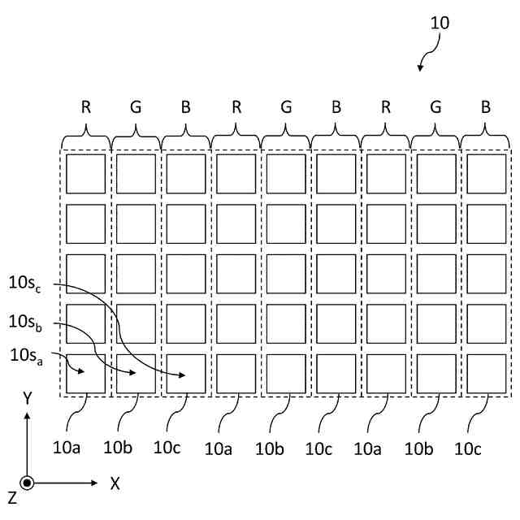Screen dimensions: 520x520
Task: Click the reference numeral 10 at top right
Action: click(x=440, y=23)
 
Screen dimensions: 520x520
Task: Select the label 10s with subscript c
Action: click(x=24, y=284)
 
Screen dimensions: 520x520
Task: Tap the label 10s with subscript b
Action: click(x=24, y=321)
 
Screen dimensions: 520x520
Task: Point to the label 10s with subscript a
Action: click(x=24, y=355)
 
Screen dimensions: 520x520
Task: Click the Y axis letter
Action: click(x=27, y=398)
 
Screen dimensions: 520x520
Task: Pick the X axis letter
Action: click(x=115, y=483)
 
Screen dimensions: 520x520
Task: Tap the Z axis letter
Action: click(x=11, y=497)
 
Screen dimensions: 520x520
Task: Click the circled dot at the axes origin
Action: click(x=27, y=483)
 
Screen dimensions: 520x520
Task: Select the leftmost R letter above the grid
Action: click(x=86, y=106)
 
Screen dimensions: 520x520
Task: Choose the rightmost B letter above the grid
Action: click(x=486, y=106)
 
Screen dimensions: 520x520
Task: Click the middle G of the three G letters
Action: click(x=286, y=106)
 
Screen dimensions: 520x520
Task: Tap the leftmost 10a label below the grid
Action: click(x=67, y=446)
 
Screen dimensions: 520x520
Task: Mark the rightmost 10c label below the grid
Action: click(x=468, y=447)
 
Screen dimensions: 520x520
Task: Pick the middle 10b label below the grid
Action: click(x=269, y=447)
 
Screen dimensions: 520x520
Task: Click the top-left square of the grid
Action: click(x=85, y=174)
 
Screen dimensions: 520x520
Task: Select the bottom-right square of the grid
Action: click(x=486, y=373)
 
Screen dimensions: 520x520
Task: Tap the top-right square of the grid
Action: click(x=486, y=174)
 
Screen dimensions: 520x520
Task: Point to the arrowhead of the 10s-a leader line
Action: click(x=81, y=371)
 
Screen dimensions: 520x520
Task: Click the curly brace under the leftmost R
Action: click(x=86, y=133)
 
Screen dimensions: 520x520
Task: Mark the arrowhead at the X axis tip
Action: click(x=97, y=483)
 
